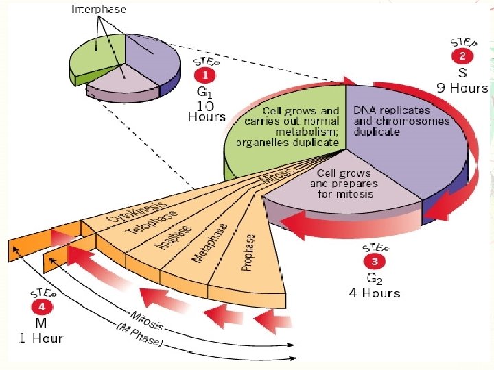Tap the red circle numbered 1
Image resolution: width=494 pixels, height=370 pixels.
(x=204, y=76)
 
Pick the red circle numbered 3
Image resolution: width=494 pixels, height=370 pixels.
(x=375, y=261)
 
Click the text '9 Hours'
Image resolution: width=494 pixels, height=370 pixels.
(x=462, y=88)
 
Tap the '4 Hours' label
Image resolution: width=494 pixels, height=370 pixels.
(x=374, y=293)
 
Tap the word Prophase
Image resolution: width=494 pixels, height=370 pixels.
(x=249, y=252)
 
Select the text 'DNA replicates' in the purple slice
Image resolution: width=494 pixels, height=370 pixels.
(x=391, y=110)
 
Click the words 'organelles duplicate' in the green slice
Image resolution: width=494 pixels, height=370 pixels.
(x=287, y=143)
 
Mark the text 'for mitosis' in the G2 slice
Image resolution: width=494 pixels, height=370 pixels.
(x=345, y=193)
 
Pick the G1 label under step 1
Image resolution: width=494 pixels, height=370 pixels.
(x=205, y=92)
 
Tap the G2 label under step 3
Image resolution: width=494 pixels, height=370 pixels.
(x=375, y=278)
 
